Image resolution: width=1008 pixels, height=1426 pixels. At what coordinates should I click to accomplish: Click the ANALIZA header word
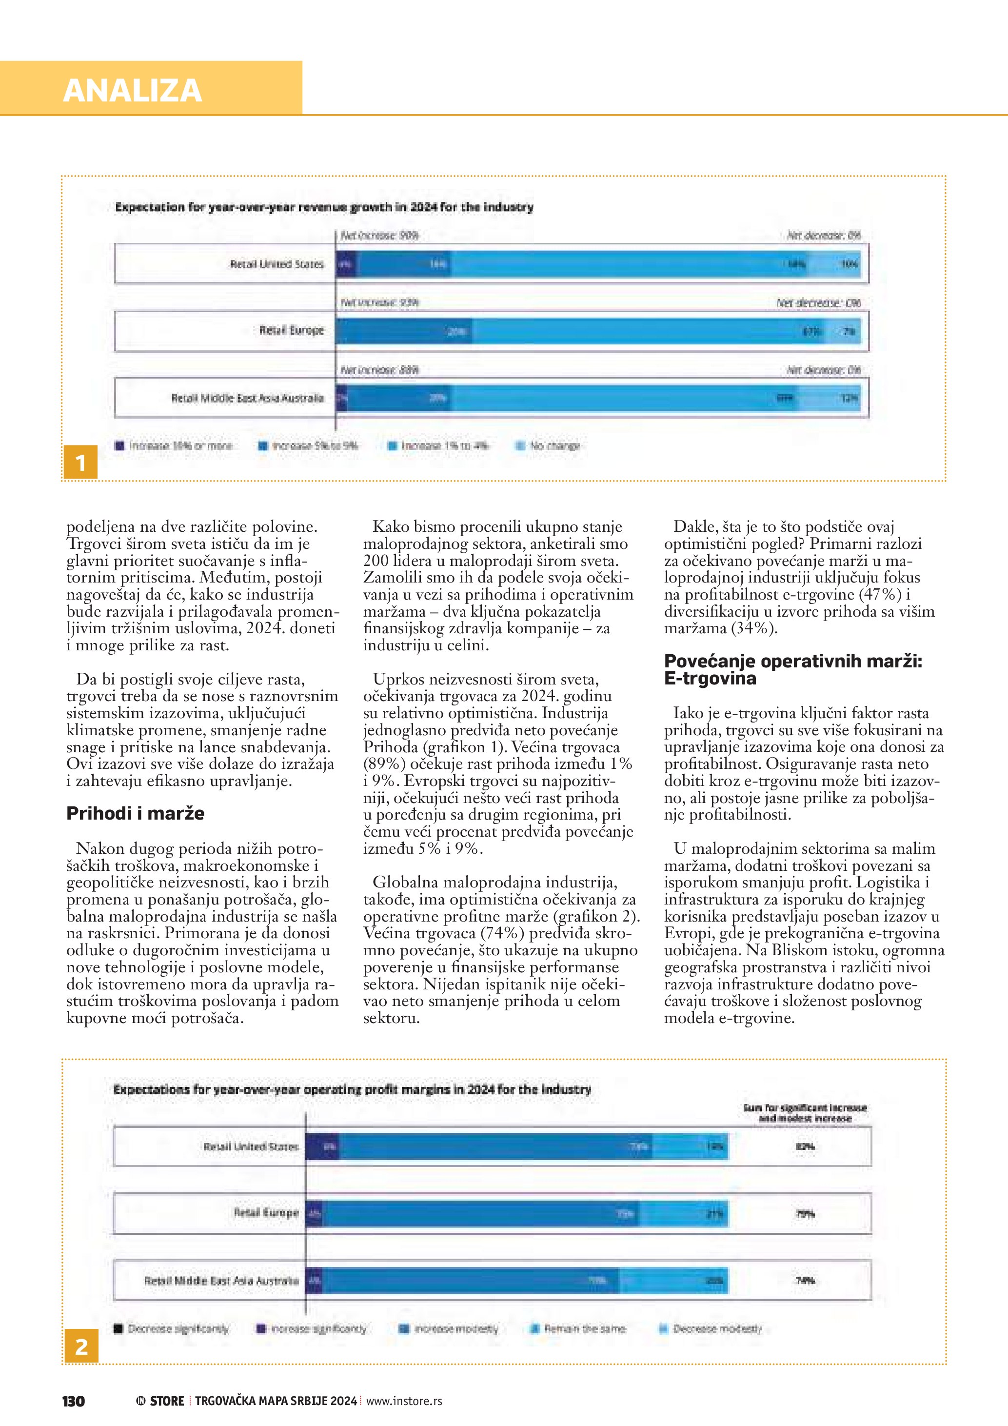(x=132, y=90)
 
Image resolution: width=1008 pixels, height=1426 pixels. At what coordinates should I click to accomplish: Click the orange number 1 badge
(x=80, y=462)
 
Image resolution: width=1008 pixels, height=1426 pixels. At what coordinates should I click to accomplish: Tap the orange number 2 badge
(x=81, y=1346)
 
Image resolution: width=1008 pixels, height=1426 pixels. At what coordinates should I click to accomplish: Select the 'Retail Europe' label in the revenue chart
(x=291, y=330)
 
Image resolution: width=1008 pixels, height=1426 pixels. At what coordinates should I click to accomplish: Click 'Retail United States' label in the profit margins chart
(x=251, y=1146)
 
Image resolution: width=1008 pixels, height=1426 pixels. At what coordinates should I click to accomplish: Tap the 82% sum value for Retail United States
(x=805, y=1146)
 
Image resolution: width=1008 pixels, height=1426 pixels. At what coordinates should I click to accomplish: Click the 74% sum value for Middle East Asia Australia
(x=805, y=1280)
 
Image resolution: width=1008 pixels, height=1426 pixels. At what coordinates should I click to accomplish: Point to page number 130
(x=73, y=1401)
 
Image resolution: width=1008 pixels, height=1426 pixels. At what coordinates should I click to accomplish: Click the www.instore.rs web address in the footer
(x=404, y=1401)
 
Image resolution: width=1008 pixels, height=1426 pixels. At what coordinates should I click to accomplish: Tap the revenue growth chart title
(x=324, y=207)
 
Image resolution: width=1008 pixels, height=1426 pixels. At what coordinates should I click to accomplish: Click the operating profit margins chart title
(x=352, y=1089)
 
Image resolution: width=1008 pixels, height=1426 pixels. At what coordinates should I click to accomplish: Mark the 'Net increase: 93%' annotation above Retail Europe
(x=379, y=302)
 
